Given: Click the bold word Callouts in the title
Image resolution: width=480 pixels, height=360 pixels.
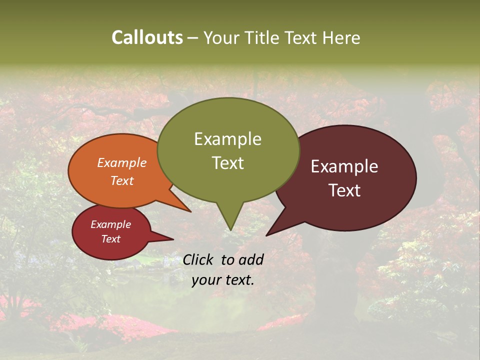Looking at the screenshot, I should coord(147,37).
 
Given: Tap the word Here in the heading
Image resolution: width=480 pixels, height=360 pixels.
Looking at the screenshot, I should coord(340,38).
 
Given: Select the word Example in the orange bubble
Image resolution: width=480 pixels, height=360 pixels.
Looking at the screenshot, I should coord(122,163).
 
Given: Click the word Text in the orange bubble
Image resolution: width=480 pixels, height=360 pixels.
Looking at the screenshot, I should coord(122,180).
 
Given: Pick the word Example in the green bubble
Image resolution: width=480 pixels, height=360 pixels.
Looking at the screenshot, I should coord(227,139).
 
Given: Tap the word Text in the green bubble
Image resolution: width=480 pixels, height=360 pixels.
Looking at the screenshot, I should coord(228,163).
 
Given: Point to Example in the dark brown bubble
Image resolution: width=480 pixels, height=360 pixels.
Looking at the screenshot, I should coord(344,166).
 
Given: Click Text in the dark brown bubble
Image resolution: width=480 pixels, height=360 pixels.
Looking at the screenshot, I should coord(345,190).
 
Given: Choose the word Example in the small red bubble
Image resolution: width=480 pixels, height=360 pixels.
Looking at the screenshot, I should coord(110,224).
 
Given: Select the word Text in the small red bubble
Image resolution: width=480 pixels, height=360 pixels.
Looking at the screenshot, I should coord(110,239).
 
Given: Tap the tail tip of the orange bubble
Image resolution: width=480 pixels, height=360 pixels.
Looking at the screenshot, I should coord(190,211).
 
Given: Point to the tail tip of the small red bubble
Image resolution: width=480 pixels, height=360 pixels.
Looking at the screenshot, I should coord(173,239).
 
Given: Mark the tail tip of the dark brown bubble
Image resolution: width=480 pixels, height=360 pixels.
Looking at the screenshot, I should coord(266,235).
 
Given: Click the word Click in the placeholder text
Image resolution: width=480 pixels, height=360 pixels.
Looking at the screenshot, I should coord(198,259).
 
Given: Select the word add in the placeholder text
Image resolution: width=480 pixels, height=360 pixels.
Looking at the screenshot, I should coord(251,259).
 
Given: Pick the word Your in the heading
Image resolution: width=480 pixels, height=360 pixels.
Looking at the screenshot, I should coord(220,38).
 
